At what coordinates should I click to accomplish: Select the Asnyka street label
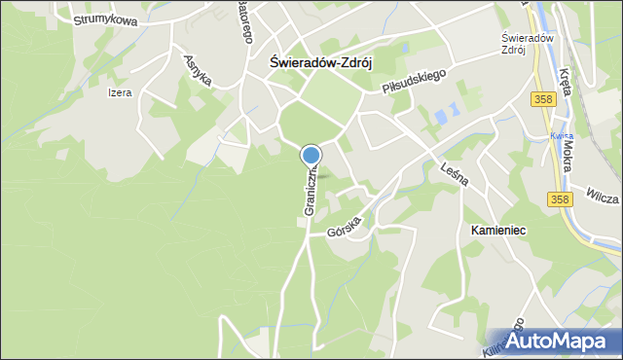(x=199, y=70)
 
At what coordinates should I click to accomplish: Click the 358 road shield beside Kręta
(x=543, y=100)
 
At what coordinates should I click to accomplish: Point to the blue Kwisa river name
(x=558, y=135)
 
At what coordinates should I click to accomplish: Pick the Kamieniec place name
(x=497, y=231)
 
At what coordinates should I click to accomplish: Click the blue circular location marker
(x=311, y=155)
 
